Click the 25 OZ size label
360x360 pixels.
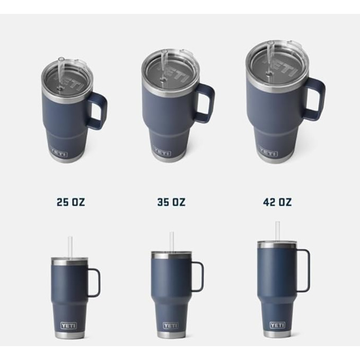point(70,202)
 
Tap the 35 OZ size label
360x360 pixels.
point(171,202)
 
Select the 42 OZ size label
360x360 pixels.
point(277,202)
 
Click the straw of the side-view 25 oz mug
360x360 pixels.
point(70,247)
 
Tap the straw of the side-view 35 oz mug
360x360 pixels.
point(172,241)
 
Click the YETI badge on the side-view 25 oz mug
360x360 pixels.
point(68,326)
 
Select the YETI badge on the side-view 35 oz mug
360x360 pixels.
point(171,326)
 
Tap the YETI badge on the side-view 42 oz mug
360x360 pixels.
point(277,325)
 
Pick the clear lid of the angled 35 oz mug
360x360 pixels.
point(171,69)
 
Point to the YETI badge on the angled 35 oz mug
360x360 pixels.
point(162,152)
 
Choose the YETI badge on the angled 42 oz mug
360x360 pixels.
point(268,153)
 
